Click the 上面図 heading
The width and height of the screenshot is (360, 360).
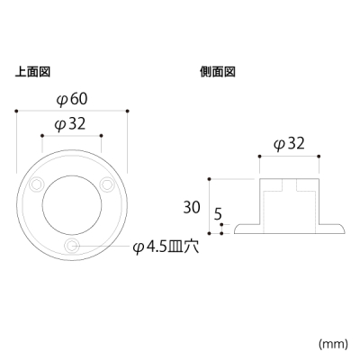32,72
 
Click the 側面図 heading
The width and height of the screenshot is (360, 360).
218,72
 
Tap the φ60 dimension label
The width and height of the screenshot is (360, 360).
72,99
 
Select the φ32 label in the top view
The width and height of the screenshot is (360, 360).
70,123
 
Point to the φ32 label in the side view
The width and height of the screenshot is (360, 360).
289,144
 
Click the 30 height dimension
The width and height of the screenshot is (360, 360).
192,207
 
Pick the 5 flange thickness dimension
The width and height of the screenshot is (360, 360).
218,215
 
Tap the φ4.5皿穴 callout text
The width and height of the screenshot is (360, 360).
166,247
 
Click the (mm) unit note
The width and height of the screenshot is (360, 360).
333,343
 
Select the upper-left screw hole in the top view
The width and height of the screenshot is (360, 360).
37,184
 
